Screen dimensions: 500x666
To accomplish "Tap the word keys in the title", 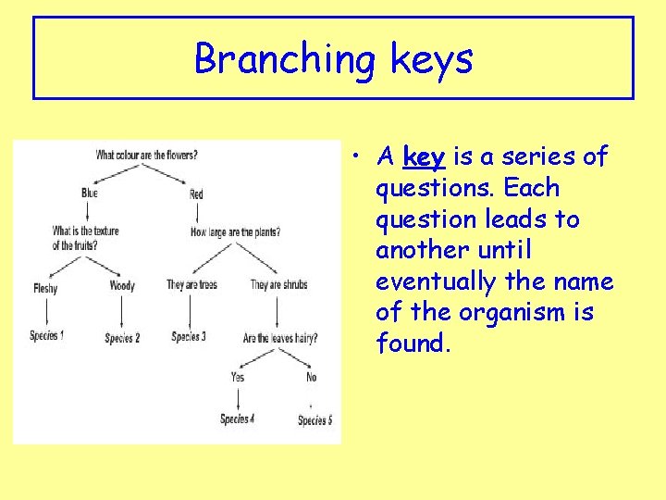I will point(431,59).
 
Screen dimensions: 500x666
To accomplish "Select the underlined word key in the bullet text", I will point(425,157).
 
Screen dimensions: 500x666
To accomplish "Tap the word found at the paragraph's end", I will point(413,344).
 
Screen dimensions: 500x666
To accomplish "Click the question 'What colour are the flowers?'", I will point(146,155).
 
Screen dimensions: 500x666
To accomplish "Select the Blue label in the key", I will point(89,194).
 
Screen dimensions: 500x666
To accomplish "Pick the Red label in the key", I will point(196,194).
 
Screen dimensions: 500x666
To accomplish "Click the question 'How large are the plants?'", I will point(235,231).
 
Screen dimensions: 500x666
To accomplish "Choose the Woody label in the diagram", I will point(122,286).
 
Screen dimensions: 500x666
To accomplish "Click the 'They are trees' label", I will point(191,285).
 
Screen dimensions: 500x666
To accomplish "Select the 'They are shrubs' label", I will point(278,285).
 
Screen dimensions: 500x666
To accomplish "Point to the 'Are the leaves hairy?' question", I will point(280,338).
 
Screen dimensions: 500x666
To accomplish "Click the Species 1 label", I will point(46,335).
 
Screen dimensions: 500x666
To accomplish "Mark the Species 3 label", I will point(189,336).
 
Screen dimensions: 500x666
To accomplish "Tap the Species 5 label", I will point(314,420).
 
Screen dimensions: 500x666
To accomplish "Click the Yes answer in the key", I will point(238,377).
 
